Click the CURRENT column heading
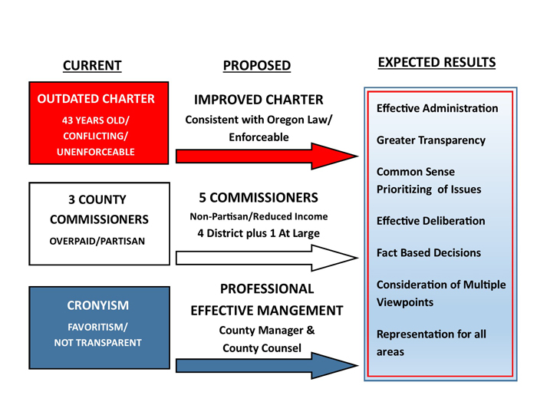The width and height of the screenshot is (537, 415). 91,65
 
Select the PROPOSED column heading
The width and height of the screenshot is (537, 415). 257,66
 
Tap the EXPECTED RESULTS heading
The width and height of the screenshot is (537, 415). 437,62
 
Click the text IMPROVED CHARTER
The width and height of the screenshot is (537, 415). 259,100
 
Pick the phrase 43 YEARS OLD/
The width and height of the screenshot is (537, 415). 96,119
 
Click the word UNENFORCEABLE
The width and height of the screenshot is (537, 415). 96,152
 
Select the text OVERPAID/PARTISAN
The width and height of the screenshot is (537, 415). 97,240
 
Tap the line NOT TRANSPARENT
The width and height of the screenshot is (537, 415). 97,342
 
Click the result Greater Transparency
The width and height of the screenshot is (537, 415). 430,140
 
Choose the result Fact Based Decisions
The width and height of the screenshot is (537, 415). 429,252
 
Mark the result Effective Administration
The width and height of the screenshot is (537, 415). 437,108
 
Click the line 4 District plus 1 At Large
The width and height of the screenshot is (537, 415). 258,233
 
